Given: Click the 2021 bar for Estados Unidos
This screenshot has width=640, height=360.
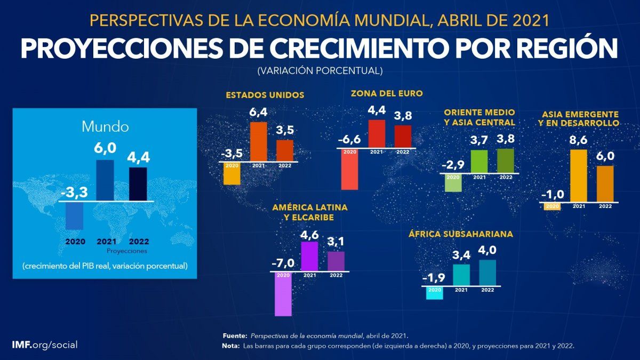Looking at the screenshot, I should pos(259,141).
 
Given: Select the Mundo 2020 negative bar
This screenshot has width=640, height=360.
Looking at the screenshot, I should pos(74,215).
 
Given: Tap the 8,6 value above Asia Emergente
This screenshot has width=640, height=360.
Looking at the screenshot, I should pos(579,141).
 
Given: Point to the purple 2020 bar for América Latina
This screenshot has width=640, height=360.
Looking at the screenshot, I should pos(283,294).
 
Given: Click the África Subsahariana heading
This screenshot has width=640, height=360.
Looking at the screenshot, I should pos(461,234).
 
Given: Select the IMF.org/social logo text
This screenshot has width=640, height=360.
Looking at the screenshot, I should pos(44,345).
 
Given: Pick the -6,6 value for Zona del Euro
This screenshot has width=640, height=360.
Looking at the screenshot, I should pos(350,141).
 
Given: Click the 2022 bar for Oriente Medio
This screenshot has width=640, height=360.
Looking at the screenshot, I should pos(506,161).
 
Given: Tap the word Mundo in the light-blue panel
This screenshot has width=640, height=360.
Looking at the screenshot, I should pos(105,127).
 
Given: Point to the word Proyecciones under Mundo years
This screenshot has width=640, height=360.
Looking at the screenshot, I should pos(127,250).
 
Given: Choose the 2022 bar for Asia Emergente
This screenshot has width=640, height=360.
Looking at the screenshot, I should pos(605,184).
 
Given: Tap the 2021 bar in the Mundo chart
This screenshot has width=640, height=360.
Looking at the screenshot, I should pos(105,180).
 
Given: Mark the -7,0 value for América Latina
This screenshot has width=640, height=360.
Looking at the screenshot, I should pos(283,263).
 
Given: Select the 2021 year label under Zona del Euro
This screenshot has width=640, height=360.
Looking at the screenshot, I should pos(377,152).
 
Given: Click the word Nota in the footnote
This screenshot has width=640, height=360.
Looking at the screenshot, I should pos(230,346).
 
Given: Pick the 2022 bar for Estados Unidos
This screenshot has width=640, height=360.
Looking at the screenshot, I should pos(285,150).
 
